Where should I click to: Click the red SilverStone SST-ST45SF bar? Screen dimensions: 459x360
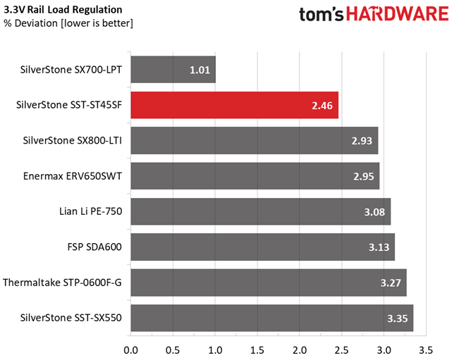tap(235, 105)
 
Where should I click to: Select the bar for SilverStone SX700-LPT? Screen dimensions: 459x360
tap(173, 70)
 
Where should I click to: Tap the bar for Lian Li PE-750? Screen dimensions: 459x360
tap(261, 211)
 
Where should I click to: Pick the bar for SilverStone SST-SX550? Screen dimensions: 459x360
tap(272, 318)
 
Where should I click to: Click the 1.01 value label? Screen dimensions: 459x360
tap(200, 70)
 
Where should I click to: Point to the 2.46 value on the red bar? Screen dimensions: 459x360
tap(322, 106)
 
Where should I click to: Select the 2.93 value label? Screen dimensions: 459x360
tap(362, 141)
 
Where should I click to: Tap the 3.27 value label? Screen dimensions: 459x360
tap(391, 283)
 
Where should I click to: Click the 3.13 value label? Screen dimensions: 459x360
tap(379, 247)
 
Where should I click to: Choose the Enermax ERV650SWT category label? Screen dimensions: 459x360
tap(73, 176)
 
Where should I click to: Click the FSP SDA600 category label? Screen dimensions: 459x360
tap(94, 247)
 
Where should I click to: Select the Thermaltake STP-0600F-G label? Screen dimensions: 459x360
tap(62, 283)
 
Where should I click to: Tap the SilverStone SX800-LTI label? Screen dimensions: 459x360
tap(73, 141)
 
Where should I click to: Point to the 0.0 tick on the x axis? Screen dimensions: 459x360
tap(131, 350)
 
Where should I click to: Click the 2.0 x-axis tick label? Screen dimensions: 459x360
tap(300, 350)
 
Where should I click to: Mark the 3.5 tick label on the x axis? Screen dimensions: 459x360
tap(426, 350)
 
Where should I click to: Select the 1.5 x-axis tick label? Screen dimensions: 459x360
tap(257, 350)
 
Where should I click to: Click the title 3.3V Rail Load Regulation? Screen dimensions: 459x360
tap(63, 10)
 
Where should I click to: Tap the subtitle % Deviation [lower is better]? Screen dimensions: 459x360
tap(68, 23)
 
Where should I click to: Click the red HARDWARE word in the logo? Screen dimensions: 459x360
tap(398, 14)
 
